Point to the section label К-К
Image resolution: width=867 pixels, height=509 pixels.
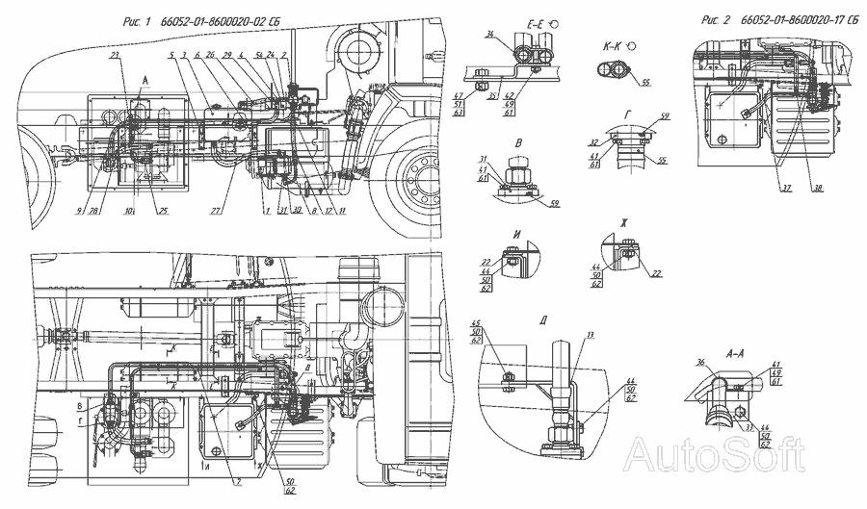pyautogui.click(x=615, y=44)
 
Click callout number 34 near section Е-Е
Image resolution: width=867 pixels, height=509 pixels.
pyautogui.click(x=489, y=35)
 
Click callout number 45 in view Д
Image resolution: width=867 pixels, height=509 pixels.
pyautogui.click(x=477, y=323)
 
